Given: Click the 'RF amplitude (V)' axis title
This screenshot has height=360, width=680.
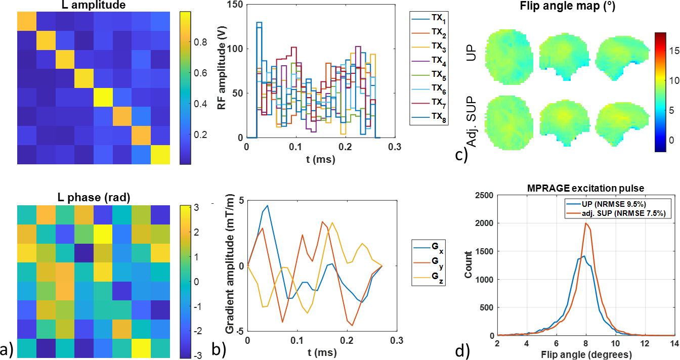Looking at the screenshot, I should tap(221, 71).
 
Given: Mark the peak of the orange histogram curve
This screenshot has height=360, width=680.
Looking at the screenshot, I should tap(586, 223).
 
